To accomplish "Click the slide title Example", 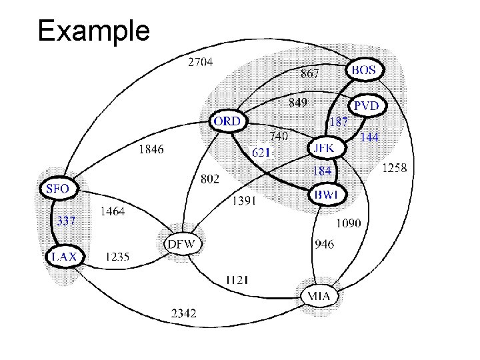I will [94, 31].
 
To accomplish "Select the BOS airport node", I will [363, 69].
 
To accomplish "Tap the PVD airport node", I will [365, 105].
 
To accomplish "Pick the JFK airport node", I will [326, 147].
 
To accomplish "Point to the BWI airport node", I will [327, 195].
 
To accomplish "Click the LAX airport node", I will [64, 255].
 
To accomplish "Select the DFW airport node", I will [181, 244].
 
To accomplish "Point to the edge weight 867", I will [309, 73].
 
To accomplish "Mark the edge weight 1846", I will [150, 149].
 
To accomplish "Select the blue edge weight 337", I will [65, 221].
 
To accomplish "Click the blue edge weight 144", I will [369, 137].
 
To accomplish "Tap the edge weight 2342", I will [183, 312].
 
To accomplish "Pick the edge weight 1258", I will [393, 168].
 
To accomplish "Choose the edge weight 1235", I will [118, 256].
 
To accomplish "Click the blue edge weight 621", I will [261, 152].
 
